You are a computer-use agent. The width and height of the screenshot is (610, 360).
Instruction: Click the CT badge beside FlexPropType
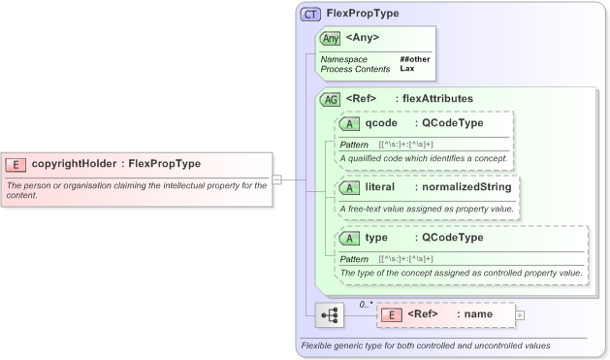tap(311, 15)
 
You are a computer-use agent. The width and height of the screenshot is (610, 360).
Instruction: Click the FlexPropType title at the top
tap(363, 15)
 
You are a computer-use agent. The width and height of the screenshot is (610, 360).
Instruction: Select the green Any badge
tap(330, 39)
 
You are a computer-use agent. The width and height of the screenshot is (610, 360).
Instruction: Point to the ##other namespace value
tap(415, 59)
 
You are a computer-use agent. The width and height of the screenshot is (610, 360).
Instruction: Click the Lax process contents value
tap(408, 69)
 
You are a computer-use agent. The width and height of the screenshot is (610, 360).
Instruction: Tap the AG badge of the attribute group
tap(330, 99)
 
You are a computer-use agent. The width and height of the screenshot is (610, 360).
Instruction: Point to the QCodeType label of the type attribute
tap(451, 238)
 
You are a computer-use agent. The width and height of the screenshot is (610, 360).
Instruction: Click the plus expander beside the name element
tap(521, 314)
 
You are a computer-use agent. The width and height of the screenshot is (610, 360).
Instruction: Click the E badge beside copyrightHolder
tap(16, 164)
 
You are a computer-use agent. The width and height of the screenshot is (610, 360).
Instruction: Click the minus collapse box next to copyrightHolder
tap(277, 179)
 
